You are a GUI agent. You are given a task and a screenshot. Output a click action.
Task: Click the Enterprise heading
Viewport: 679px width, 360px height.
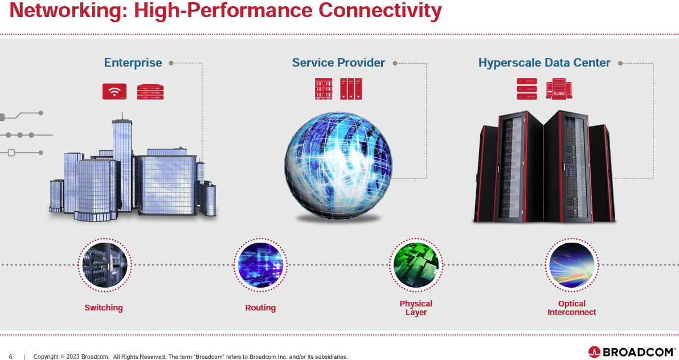pyautogui.click(x=133, y=63)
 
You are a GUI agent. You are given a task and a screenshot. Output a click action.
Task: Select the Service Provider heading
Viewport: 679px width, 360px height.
pyautogui.click(x=338, y=63)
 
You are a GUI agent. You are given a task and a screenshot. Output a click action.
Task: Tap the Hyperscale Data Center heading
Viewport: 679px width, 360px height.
pyautogui.click(x=544, y=63)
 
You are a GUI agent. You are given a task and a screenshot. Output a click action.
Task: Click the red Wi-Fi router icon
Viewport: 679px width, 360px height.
pyautogui.click(x=114, y=91)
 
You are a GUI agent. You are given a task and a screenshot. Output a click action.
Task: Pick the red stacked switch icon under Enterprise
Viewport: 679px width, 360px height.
pyautogui.click(x=150, y=92)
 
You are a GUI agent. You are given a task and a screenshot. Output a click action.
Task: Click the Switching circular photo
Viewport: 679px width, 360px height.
pyautogui.click(x=104, y=265)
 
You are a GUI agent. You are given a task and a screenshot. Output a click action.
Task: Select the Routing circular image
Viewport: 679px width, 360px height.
pyautogui.click(x=260, y=265)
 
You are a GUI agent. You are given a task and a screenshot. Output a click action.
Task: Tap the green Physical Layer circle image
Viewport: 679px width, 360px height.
pyautogui.click(x=416, y=265)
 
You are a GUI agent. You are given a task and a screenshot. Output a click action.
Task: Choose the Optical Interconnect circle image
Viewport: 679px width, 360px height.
pyautogui.click(x=571, y=265)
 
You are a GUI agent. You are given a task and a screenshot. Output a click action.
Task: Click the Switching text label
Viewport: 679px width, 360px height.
pyautogui.click(x=104, y=308)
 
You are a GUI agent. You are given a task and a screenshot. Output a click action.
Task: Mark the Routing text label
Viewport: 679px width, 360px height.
pyautogui.click(x=260, y=308)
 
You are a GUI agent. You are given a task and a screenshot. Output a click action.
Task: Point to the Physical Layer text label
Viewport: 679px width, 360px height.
pyautogui.click(x=416, y=308)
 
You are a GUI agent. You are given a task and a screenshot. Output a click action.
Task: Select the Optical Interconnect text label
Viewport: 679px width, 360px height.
pyautogui.click(x=571, y=308)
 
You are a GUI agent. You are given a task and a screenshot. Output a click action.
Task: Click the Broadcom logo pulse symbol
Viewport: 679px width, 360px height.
pyautogui.click(x=594, y=352)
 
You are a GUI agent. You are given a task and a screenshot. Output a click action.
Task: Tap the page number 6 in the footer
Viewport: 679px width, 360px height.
pyautogui.click(x=10, y=357)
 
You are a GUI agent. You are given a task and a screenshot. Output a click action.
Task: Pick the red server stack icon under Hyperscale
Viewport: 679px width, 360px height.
pyautogui.click(x=526, y=89)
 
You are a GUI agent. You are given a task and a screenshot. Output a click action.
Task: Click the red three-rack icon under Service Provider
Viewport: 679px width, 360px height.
pyautogui.click(x=351, y=89)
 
